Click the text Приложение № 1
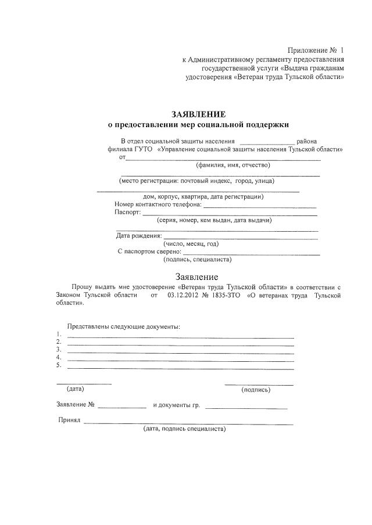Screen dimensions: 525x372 (316, 51)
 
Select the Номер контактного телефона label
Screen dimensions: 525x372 (158, 205)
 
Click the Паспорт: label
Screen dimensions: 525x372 (128, 213)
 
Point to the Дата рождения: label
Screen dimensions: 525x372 (139, 236)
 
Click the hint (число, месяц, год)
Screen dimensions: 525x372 (191, 244)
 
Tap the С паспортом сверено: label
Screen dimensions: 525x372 (149, 251)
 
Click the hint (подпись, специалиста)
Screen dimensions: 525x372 (198, 260)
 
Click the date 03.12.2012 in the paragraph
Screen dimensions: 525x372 (183, 296)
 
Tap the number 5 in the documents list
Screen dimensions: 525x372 (59, 365)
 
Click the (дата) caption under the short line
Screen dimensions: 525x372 (76, 389)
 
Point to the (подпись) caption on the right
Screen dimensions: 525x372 (256, 390)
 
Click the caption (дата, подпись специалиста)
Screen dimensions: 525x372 (184, 429)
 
